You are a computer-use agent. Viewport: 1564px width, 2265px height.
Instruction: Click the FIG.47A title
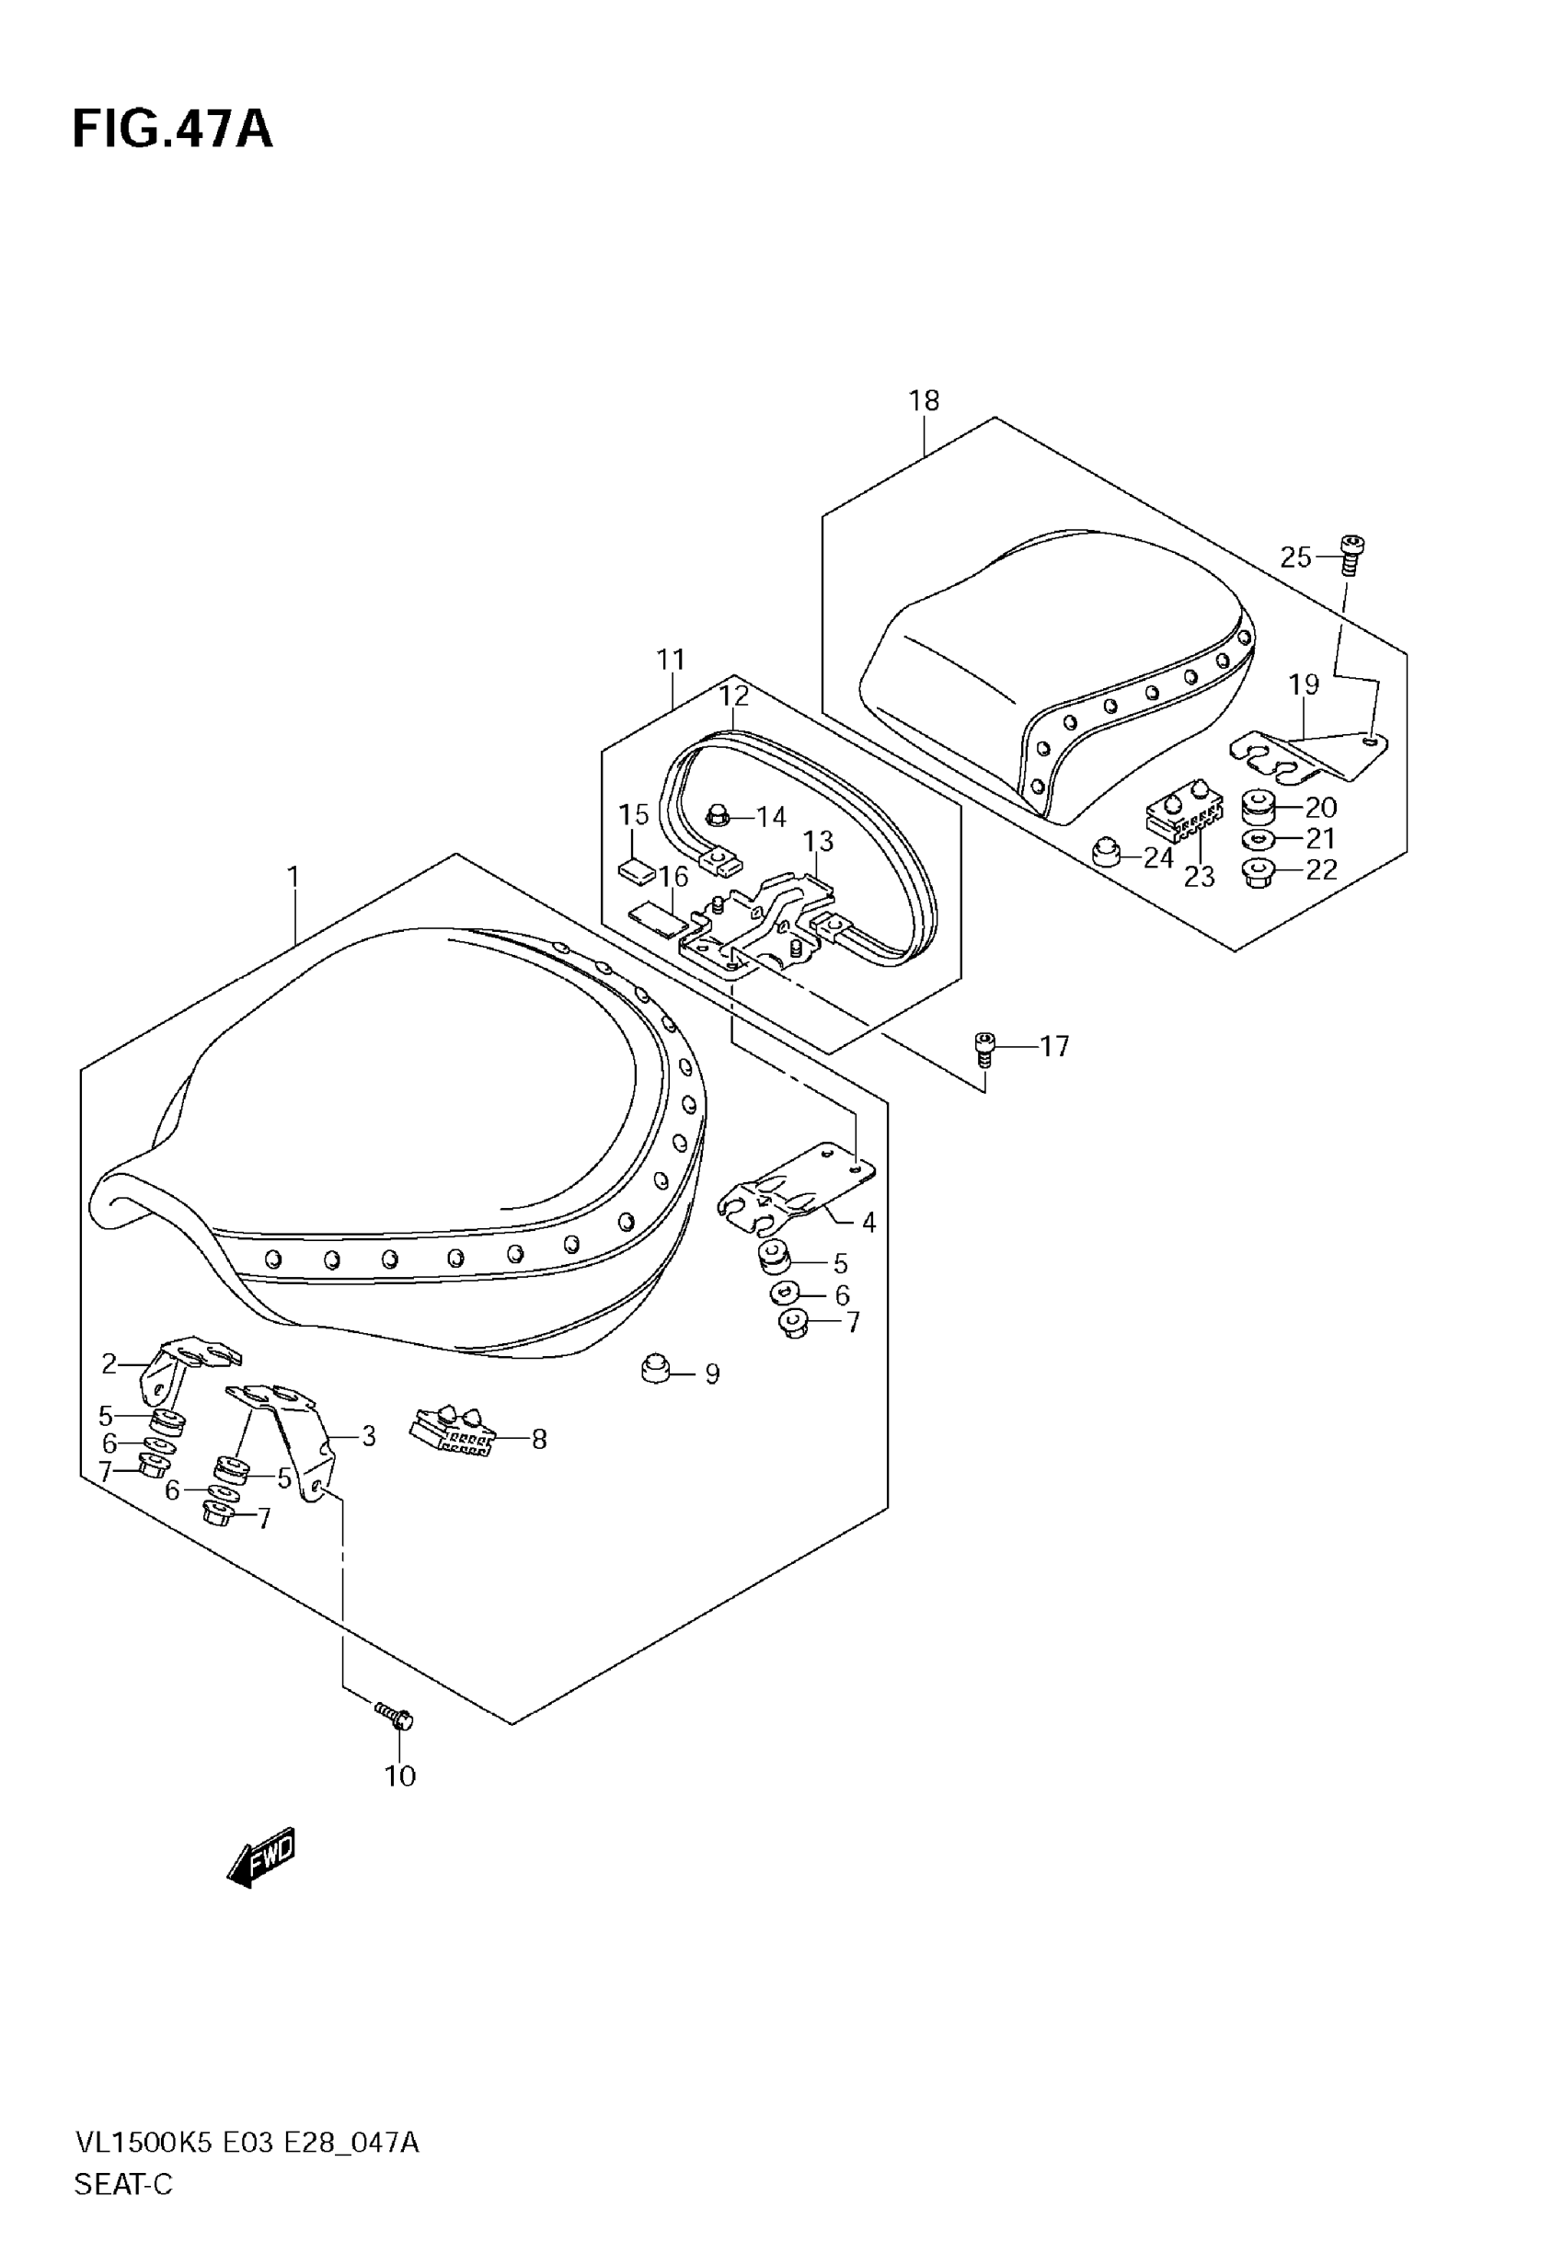point(172,130)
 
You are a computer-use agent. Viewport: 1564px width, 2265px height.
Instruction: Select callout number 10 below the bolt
point(400,1776)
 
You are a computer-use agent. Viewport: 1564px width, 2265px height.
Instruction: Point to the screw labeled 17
point(984,1048)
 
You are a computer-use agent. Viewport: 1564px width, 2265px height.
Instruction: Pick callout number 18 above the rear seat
point(923,401)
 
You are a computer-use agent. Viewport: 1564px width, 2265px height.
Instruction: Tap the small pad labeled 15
point(636,868)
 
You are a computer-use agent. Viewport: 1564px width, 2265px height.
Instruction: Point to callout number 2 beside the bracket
point(109,1363)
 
